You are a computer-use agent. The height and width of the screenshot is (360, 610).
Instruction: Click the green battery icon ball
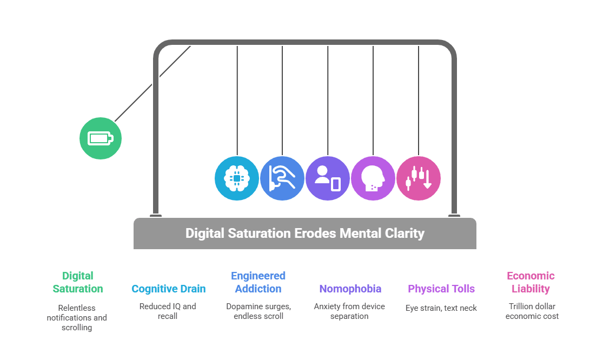(x=101, y=138)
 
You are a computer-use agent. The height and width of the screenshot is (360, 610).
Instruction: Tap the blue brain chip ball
(x=237, y=178)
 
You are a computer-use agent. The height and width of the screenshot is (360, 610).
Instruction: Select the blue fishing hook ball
(x=282, y=178)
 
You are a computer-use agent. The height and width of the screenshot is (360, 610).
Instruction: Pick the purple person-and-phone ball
(x=328, y=178)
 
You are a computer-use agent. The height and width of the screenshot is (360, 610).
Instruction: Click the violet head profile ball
(x=373, y=178)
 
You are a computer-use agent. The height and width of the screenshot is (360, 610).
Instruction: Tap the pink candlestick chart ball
(x=419, y=178)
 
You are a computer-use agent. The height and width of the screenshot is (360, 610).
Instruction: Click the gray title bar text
(x=304, y=234)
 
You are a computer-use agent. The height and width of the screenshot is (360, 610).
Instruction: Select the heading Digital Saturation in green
(x=78, y=282)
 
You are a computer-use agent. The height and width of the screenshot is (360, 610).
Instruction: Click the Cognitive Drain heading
(x=169, y=289)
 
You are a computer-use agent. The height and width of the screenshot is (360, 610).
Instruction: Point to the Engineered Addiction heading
(x=258, y=282)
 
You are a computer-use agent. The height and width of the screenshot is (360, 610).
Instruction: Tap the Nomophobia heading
(x=350, y=289)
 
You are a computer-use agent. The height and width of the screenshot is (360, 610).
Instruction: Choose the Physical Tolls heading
(x=441, y=289)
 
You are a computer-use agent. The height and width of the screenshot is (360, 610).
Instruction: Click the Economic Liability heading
(x=531, y=282)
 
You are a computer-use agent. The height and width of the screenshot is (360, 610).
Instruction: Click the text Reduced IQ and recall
(x=168, y=311)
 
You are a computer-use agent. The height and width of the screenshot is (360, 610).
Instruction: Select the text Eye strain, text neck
(x=441, y=308)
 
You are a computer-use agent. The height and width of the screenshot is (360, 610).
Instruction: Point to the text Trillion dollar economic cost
(x=532, y=311)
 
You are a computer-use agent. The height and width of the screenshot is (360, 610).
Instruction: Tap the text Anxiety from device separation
(x=349, y=311)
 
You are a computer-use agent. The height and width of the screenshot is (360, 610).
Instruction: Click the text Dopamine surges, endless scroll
(x=258, y=311)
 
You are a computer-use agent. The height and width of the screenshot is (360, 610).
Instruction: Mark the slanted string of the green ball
(x=153, y=83)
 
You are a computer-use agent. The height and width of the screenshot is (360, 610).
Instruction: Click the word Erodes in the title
(x=314, y=234)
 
